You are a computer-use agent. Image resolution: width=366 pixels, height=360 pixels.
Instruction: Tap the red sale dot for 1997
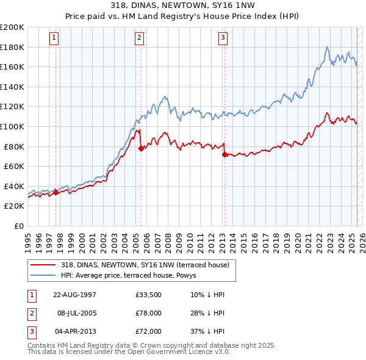[x=56, y=192]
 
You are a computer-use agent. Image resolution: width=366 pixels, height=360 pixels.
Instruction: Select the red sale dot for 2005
[x=141, y=148]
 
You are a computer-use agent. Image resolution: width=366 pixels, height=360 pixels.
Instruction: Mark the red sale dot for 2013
[x=224, y=154]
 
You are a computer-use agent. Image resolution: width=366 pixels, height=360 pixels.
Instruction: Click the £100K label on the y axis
[x=12, y=126]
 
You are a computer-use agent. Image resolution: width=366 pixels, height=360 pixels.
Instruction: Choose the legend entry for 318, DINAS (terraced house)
[x=145, y=265]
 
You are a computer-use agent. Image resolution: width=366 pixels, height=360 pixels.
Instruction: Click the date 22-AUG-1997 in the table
[x=74, y=295]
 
